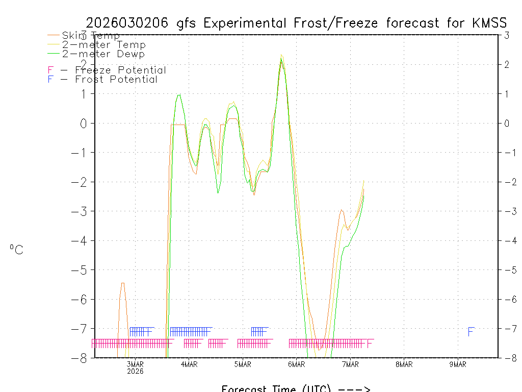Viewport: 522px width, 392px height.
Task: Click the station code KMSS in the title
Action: (489, 23)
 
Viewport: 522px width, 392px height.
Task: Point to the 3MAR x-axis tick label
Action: (135, 364)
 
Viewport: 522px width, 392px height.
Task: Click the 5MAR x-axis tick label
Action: (243, 364)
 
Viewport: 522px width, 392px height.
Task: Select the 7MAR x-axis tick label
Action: (350, 364)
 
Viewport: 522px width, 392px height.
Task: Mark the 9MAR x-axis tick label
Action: (458, 364)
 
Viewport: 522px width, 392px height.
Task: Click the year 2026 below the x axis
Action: (135, 371)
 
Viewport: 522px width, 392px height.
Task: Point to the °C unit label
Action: (16, 250)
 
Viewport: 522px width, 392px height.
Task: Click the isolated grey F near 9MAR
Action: (471, 332)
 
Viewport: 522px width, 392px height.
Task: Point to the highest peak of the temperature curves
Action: (281, 55)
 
